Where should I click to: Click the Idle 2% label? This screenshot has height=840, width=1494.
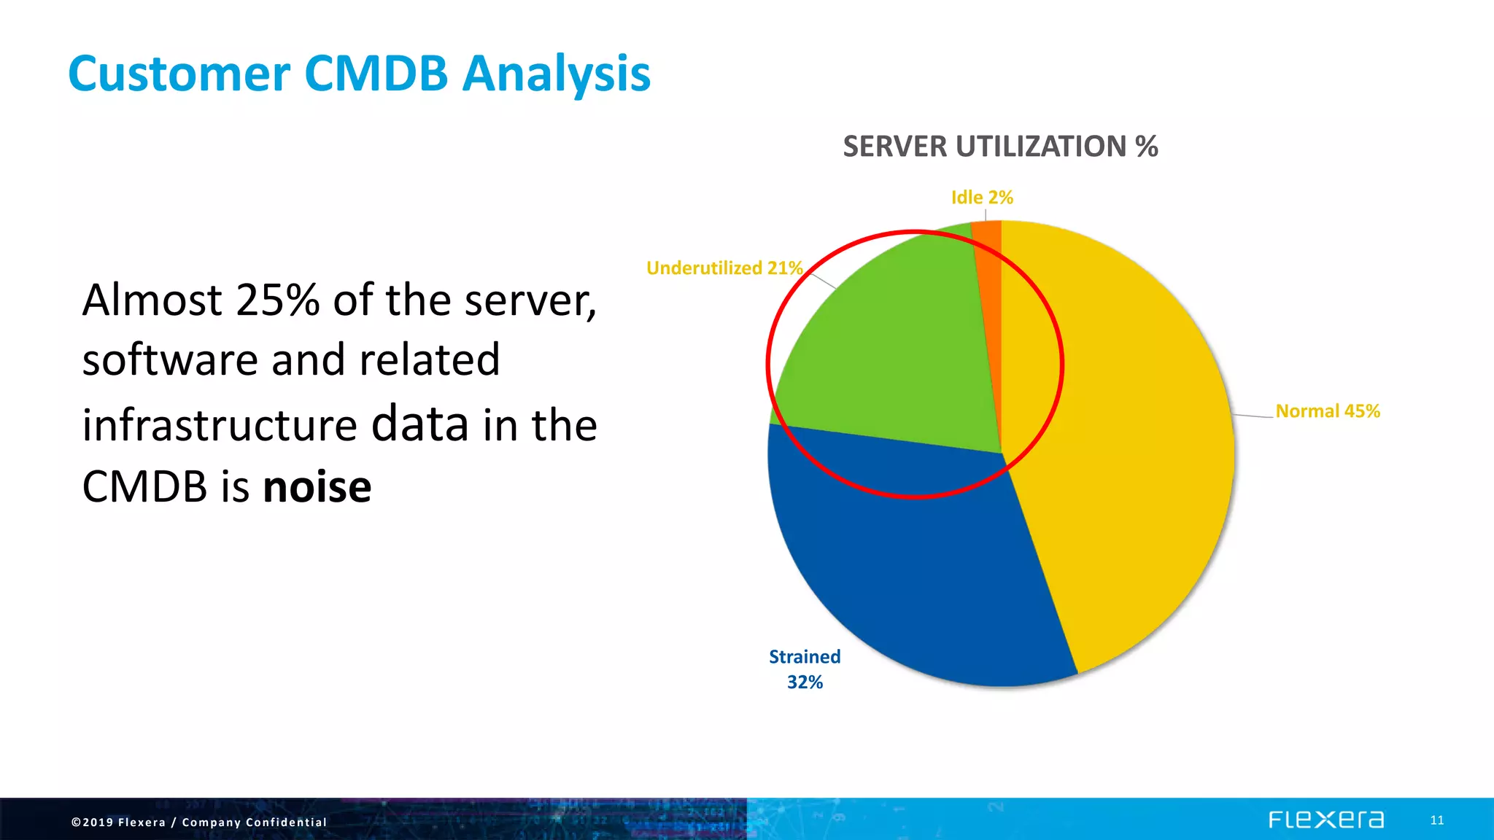coord(982,198)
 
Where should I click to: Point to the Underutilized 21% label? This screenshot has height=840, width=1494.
coord(724,268)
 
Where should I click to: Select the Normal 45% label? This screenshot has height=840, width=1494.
coord(1328,411)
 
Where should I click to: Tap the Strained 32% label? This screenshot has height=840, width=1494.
coord(805,669)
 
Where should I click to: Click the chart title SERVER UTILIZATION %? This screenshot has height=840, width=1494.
coord(1000,147)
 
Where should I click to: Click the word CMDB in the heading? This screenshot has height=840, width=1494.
coord(376,74)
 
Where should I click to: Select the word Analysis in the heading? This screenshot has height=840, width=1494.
coord(556,75)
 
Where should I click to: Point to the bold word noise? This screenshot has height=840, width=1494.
coord(317,487)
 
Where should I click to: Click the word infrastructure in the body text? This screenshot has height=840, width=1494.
coord(220,425)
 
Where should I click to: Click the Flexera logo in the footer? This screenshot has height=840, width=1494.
coord(1325,820)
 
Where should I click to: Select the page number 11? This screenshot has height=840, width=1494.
coord(1436,820)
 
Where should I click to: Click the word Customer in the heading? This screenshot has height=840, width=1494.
coord(179,75)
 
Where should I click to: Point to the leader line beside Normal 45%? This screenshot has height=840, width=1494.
coord(1253,416)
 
